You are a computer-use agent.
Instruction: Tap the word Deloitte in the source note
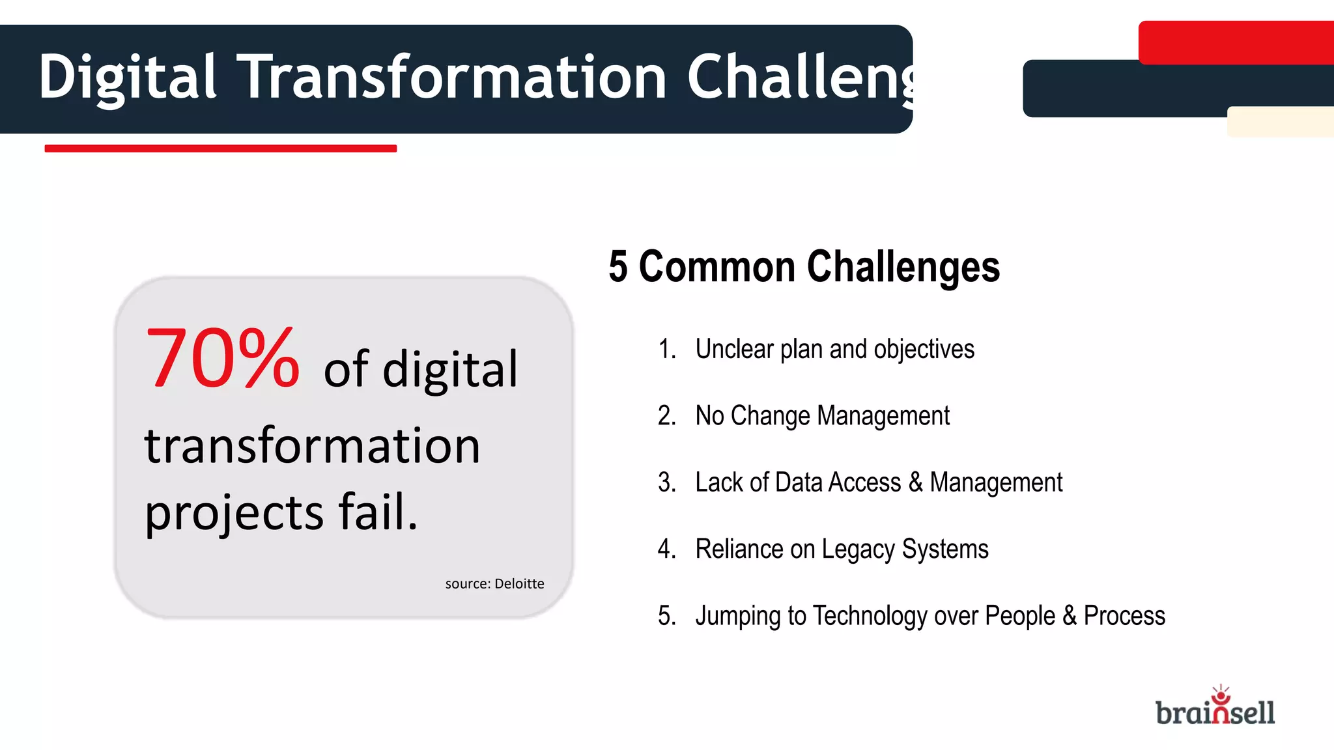[519, 584]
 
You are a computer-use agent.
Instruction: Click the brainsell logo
[1215, 708]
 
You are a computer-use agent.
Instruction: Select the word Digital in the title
[127, 78]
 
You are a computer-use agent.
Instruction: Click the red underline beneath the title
[220, 148]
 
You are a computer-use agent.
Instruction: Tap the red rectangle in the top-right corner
[1236, 42]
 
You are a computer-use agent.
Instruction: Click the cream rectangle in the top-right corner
[1280, 122]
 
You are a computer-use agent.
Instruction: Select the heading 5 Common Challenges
[804, 267]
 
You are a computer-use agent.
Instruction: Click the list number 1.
[666, 350]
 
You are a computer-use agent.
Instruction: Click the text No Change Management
[822, 416]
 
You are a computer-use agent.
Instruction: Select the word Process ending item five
[1124, 616]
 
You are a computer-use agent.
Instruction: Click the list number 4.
[666, 549]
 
